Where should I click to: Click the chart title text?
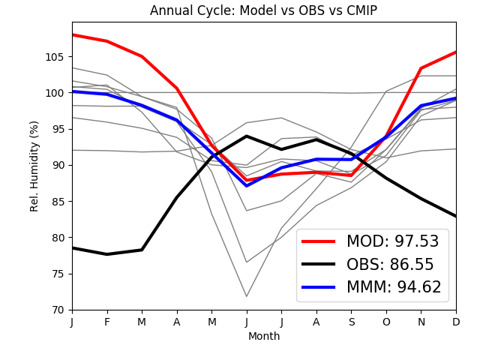263,10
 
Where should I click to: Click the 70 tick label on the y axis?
58,310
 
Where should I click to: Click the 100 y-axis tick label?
55,93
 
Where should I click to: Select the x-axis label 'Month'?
264,337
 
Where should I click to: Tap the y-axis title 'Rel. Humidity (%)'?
34,166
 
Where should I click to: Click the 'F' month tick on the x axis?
107,321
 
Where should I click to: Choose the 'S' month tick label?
351,321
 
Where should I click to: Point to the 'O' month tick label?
386,321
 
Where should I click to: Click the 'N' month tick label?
421,321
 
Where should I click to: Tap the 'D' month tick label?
456,321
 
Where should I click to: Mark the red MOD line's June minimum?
247,180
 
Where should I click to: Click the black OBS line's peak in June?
247,136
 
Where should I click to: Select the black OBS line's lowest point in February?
107,254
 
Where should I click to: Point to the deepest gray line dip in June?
247,296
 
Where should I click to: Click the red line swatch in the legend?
319,241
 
